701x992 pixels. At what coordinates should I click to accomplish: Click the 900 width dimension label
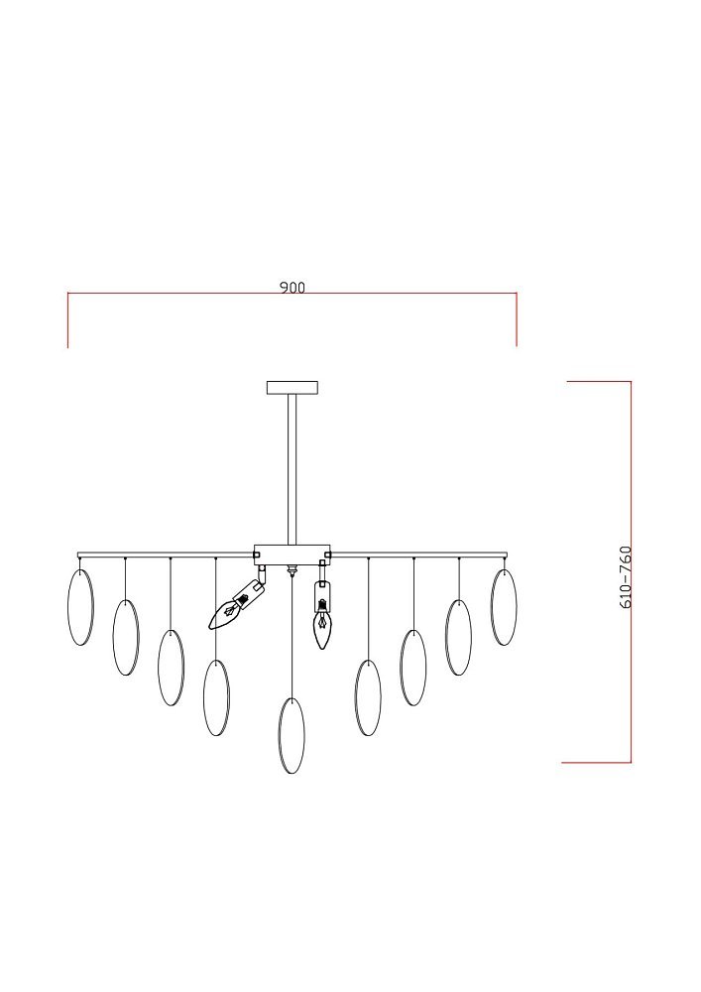pos(292,288)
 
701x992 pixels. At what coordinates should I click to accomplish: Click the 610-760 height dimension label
pos(625,577)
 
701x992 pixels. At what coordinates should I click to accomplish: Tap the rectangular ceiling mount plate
pos(292,387)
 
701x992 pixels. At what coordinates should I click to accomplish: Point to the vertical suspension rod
pos(292,469)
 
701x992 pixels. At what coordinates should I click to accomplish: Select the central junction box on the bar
pos(292,555)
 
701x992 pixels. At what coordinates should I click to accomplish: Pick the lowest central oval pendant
pos(292,736)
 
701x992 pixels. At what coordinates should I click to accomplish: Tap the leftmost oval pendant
pos(80,607)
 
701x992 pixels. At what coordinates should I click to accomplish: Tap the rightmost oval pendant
pos(504,607)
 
